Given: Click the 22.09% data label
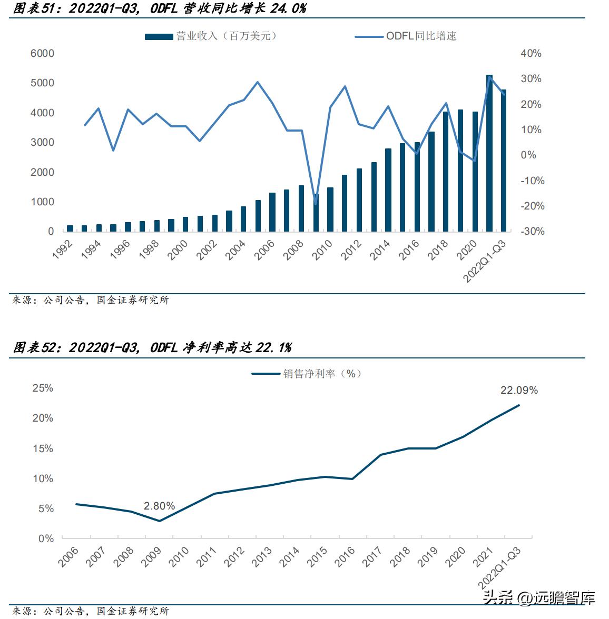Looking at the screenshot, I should (519, 391).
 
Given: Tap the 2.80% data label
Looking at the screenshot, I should (159, 506).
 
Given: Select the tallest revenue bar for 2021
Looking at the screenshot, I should (489, 153).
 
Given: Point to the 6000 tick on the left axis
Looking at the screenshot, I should (43, 54).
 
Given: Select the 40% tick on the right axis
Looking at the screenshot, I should (531, 54).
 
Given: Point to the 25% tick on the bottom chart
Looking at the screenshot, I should (43, 388).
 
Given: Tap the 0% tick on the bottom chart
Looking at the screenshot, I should (45, 539).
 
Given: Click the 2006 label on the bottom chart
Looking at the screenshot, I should (68, 558).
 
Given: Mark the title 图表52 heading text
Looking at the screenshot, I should (152, 347).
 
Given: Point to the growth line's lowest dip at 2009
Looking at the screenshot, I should (316, 204).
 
